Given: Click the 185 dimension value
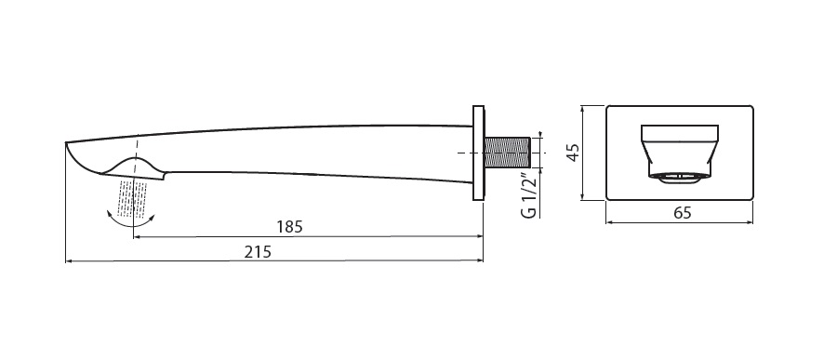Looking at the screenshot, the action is [x=289, y=226].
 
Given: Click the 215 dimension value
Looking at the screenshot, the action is [x=258, y=251].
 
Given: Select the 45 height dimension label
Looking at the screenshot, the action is [x=573, y=153].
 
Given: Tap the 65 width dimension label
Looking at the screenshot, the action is [x=683, y=213].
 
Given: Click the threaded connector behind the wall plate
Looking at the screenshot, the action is [x=507, y=153].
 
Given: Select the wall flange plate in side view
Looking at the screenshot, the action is [x=478, y=153].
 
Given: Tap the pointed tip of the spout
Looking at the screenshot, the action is [x=66, y=142].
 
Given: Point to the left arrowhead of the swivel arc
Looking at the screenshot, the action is [x=110, y=213].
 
